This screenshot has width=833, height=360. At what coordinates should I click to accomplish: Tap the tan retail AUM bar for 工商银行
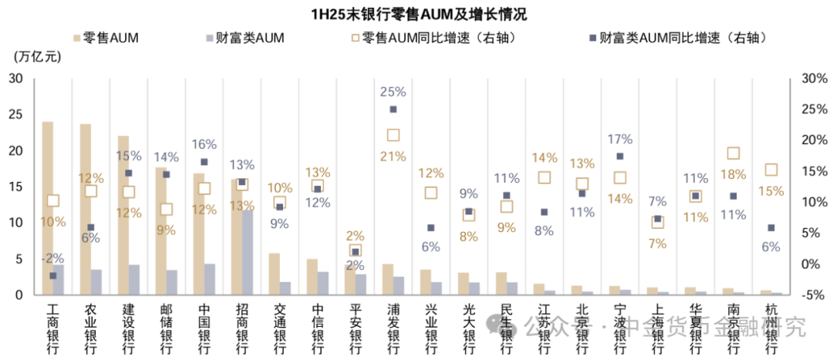tap(48, 208)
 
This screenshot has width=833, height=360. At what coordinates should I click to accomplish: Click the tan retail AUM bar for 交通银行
tap(274, 274)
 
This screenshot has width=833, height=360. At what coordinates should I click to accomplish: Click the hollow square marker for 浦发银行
tap(393, 135)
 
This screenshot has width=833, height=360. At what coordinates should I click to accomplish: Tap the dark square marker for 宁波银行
tap(620, 156)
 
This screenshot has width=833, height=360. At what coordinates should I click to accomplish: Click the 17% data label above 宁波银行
tap(620, 140)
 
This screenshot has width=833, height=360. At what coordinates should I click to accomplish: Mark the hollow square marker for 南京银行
tap(734, 153)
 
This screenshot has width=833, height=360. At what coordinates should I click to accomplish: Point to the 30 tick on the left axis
tap(16, 79)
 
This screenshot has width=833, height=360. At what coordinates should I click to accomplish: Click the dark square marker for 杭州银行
tap(771, 227)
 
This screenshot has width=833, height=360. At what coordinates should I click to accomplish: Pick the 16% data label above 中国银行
tap(204, 144)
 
